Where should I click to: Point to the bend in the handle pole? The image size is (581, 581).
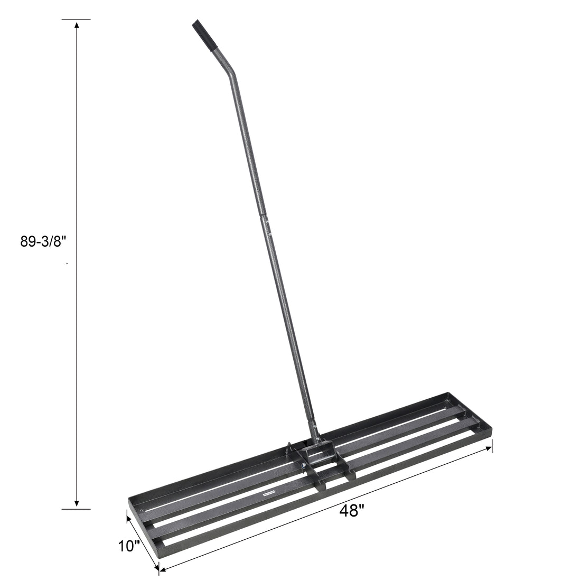pyautogui.click(x=231, y=74)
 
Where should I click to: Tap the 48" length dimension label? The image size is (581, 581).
pyautogui.click(x=353, y=510)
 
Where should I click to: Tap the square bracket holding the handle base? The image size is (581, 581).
pyautogui.click(x=319, y=454)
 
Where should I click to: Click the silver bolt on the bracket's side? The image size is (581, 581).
pyautogui.click(x=303, y=466)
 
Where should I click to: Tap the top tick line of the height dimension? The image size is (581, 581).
pyautogui.click(x=77, y=20)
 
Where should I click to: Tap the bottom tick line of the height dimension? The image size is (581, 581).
pyautogui.click(x=77, y=509)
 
